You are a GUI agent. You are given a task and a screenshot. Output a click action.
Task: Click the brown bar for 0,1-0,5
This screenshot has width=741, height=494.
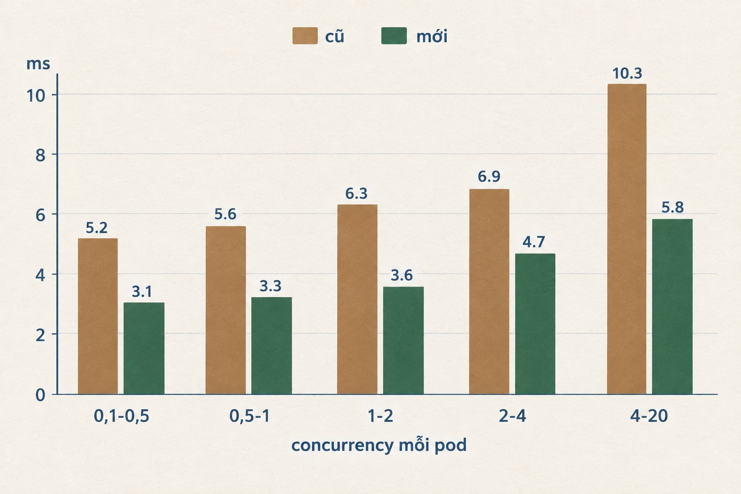coord(98,316)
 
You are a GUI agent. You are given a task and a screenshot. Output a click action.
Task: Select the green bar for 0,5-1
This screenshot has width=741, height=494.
coord(272,345)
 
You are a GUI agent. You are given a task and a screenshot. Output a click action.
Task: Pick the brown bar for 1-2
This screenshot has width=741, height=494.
coord(357,299)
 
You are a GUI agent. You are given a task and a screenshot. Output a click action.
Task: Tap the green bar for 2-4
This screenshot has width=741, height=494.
coord(535,324)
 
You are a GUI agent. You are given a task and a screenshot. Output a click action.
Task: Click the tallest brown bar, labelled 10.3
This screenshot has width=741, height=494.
coord(627,239)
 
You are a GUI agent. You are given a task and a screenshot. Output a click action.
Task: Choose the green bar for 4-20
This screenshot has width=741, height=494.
coord(672,307)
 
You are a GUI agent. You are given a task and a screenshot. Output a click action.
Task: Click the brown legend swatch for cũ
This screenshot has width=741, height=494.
coord(305,35)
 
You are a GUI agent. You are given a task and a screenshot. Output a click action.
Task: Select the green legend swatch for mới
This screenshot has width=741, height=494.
coord(394,35)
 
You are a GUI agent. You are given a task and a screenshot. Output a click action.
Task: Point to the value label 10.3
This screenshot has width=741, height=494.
coord(627,74)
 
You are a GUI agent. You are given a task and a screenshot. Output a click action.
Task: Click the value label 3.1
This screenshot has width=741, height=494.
coord(142,292)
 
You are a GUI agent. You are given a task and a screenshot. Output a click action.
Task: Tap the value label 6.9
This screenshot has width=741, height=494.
coord(489,176)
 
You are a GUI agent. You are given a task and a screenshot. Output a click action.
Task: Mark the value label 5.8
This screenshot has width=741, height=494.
coord(673,208)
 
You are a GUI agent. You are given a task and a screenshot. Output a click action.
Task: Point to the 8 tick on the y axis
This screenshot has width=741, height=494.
coord(40,155)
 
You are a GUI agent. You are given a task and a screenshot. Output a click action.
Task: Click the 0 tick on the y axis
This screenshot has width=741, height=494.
coord(40,395)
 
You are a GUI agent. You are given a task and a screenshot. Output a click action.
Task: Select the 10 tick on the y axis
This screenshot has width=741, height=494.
coord(36,96)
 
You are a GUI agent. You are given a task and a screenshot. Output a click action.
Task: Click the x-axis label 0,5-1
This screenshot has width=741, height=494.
coord(250,416)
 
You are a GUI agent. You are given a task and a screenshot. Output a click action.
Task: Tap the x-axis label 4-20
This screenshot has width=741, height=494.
coord(649,416)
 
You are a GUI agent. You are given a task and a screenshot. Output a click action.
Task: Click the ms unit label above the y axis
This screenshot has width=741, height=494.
coord(38,64)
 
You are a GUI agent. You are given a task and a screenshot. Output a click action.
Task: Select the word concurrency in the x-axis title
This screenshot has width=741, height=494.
coord(342,446)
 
